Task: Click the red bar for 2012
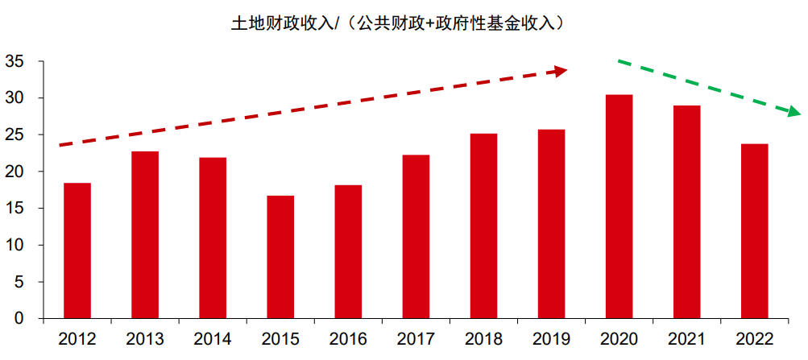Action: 77,250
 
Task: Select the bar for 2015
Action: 280,257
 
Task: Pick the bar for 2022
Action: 754,231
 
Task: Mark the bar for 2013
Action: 145,234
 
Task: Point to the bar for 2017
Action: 416,237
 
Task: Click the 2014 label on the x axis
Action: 213,339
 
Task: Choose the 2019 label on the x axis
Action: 551,339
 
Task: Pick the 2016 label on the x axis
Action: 348,339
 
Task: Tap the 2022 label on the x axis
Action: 754,339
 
